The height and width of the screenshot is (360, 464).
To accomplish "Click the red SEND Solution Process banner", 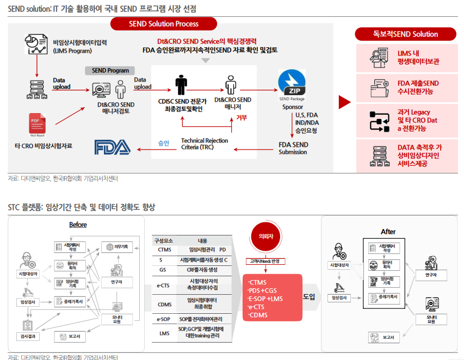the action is (164, 23).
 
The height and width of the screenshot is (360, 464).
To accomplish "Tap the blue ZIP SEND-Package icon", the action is (292, 84).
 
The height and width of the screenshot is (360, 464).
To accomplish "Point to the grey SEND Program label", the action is (110, 70).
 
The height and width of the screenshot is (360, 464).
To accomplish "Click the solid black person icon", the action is (181, 86).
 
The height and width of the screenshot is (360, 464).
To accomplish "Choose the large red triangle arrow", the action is (344, 102).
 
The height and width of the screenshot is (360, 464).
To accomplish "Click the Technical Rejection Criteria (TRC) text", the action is (205, 144).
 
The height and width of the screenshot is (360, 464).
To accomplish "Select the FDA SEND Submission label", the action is (293, 148).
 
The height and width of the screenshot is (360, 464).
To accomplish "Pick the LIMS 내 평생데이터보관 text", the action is (417, 58).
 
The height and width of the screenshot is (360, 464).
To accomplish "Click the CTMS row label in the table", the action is (164, 250).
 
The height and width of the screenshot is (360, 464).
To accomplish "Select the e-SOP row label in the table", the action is (164, 319).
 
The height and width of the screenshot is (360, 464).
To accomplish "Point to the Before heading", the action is (78, 225).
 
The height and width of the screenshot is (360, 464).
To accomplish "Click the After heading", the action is (388, 231).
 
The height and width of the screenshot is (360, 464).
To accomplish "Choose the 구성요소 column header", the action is (164, 240).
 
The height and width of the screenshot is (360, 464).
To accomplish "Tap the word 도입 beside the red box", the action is (309, 297).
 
